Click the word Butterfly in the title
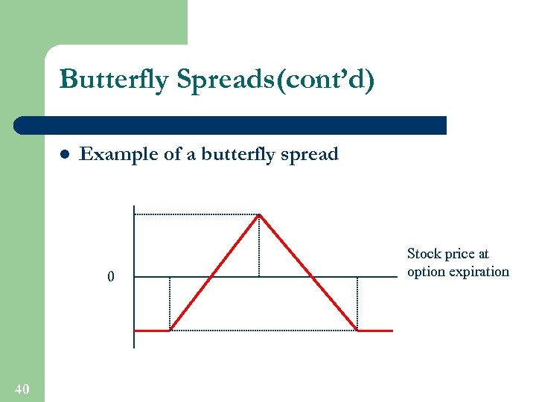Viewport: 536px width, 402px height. pyautogui.click(x=114, y=80)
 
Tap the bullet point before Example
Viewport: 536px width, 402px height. pyautogui.click(x=64, y=155)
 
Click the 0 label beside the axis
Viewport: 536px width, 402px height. pyautogui.click(x=111, y=278)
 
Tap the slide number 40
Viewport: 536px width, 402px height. pyautogui.click(x=22, y=389)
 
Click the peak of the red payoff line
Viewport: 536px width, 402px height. pyautogui.click(x=259, y=216)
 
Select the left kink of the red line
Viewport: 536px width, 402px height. pyautogui.click(x=170, y=330)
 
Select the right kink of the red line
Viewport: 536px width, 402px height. pyautogui.click(x=357, y=330)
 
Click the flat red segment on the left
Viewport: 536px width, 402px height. pyautogui.click(x=152, y=330)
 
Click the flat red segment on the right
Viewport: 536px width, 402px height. pyautogui.click(x=376, y=330)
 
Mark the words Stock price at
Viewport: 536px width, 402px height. pyautogui.click(x=447, y=254)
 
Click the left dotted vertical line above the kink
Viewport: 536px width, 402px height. pyautogui.click(x=170, y=303)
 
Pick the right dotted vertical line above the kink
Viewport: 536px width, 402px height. pyautogui.click(x=357, y=303)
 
